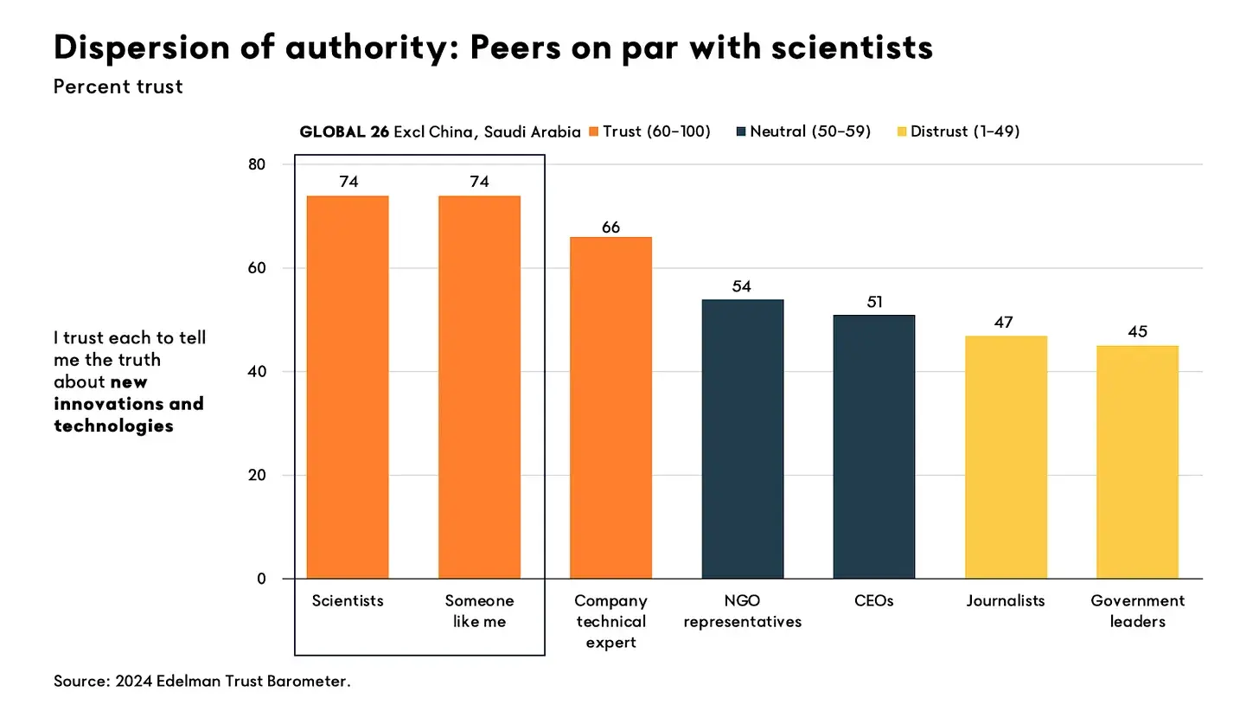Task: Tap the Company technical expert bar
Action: click(x=610, y=407)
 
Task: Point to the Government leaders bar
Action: click(x=1137, y=462)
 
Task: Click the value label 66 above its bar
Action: click(x=610, y=227)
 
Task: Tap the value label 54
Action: click(x=742, y=286)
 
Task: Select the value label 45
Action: click(x=1137, y=332)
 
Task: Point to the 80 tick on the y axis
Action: click(x=258, y=164)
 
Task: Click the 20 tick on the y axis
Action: click(x=258, y=475)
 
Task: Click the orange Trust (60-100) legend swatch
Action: click(x=593, y=131)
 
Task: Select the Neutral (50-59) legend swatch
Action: click(x=741, y=131)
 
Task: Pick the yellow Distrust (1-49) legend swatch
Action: click(x=902, y=131)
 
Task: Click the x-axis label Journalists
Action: click(x=1006, y=600)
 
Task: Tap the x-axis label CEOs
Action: click(x=873, y=600)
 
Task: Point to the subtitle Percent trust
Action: click(x=118, y=86)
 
